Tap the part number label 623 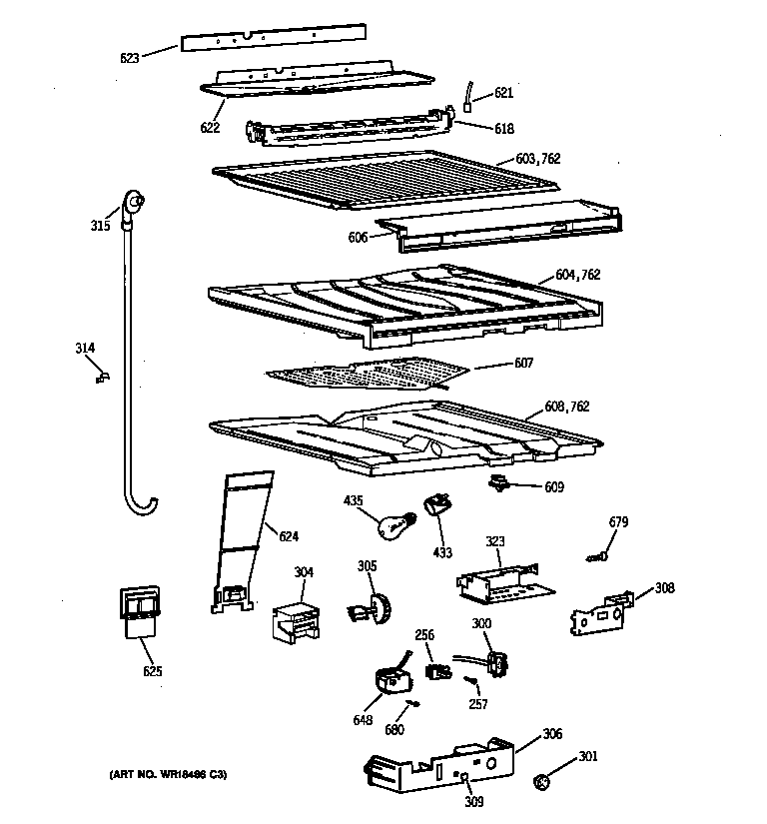pyautogui.click(x=130, y=57)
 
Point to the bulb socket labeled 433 pyautogui.click(x=436, y=505)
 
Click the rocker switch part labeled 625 pyautogui.click(x=137, y=611)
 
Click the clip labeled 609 pyautogui.click(x=498, y=484)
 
